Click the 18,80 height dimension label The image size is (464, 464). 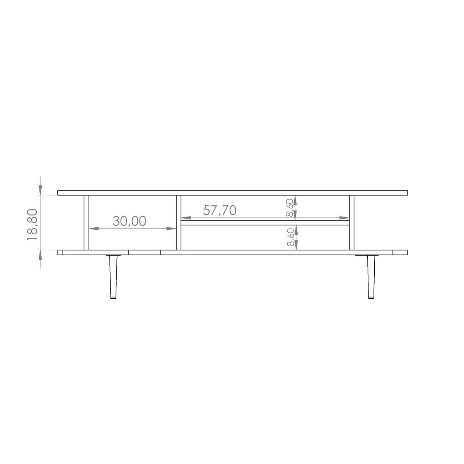click(x=32, y=225)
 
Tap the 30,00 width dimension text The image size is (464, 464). click(x=129, y=221)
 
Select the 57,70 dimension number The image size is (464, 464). click(x=220, y=210)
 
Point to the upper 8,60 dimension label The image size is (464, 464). click(x=290, y=208)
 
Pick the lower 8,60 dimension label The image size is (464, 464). click(x=290, y=237)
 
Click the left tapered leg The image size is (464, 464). click(x=113, y=277)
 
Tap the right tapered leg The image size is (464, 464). click(x=371, y=277)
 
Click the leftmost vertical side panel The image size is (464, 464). click(x=87, y=222)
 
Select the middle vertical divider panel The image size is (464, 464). click(x=178, y=222)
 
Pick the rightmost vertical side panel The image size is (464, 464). click(x=351, y=222)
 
